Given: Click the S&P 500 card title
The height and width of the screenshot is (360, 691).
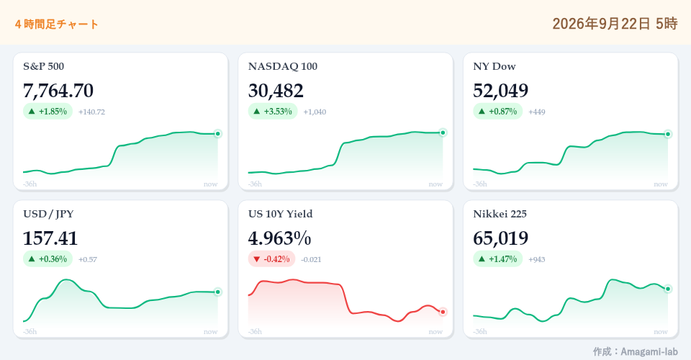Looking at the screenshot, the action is [x=44, y=66].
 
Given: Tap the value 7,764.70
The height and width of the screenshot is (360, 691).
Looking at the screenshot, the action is [x=58, y=91].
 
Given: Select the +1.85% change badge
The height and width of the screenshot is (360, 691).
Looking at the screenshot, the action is [x=48, y=112].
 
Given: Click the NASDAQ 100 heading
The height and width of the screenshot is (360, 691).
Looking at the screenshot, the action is [x=282, y=66].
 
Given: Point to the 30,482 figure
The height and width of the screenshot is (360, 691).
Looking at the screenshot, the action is [x=276, y=91].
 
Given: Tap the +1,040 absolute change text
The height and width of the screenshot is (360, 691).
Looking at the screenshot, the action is [x=315, y=112].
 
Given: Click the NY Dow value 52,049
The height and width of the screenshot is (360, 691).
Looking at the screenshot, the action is [x=501, y=91].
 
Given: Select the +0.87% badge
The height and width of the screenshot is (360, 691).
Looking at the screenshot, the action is [x=498, y=112].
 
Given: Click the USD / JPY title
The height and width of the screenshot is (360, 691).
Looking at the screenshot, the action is [x=48, y=214].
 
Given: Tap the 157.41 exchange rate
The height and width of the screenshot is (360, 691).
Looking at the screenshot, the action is [x=50, y=238].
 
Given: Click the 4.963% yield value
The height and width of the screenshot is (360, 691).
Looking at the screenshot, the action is [x=279, y=238].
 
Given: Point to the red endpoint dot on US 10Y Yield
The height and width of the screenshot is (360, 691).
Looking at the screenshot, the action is [x=443, y=312].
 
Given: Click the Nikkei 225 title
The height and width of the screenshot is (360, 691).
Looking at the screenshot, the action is [x=500, y=214].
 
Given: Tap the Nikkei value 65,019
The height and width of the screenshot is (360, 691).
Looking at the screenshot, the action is [x=501, y=238].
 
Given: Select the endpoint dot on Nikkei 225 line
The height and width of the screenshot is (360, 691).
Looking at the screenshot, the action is [x=668, y=289].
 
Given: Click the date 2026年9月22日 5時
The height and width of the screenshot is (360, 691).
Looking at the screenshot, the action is [x=615, y=23].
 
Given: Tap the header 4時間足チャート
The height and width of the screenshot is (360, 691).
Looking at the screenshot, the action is [x=56, y=24].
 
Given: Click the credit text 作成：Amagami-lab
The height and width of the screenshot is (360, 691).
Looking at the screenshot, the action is [x=635, y=351].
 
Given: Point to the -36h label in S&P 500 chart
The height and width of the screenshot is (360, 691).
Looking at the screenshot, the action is [x=30, y=184].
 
